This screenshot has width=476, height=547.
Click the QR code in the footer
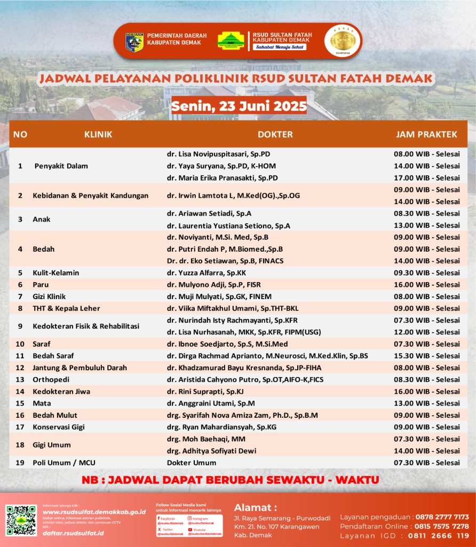[x=21, y=520]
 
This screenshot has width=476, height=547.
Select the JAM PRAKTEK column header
[x=426, y=135]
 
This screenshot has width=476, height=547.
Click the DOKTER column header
[x=275, y=135]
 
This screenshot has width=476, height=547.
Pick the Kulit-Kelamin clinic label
[x=55, y=273]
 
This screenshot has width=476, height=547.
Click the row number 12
[x=20, y=368]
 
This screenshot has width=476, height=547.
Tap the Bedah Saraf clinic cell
[x=53, y=356]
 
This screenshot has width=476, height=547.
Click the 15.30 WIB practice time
[x=426, y=356]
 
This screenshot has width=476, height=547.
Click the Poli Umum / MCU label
[x=64, y=463]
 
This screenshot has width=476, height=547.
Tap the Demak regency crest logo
[x=134, y=41]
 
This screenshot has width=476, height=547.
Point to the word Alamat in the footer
[x=255, y=507]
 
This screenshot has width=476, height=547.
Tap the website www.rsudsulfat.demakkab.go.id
[x=94, y=512]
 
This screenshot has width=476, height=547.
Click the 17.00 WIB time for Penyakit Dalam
[x=426, y=178]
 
